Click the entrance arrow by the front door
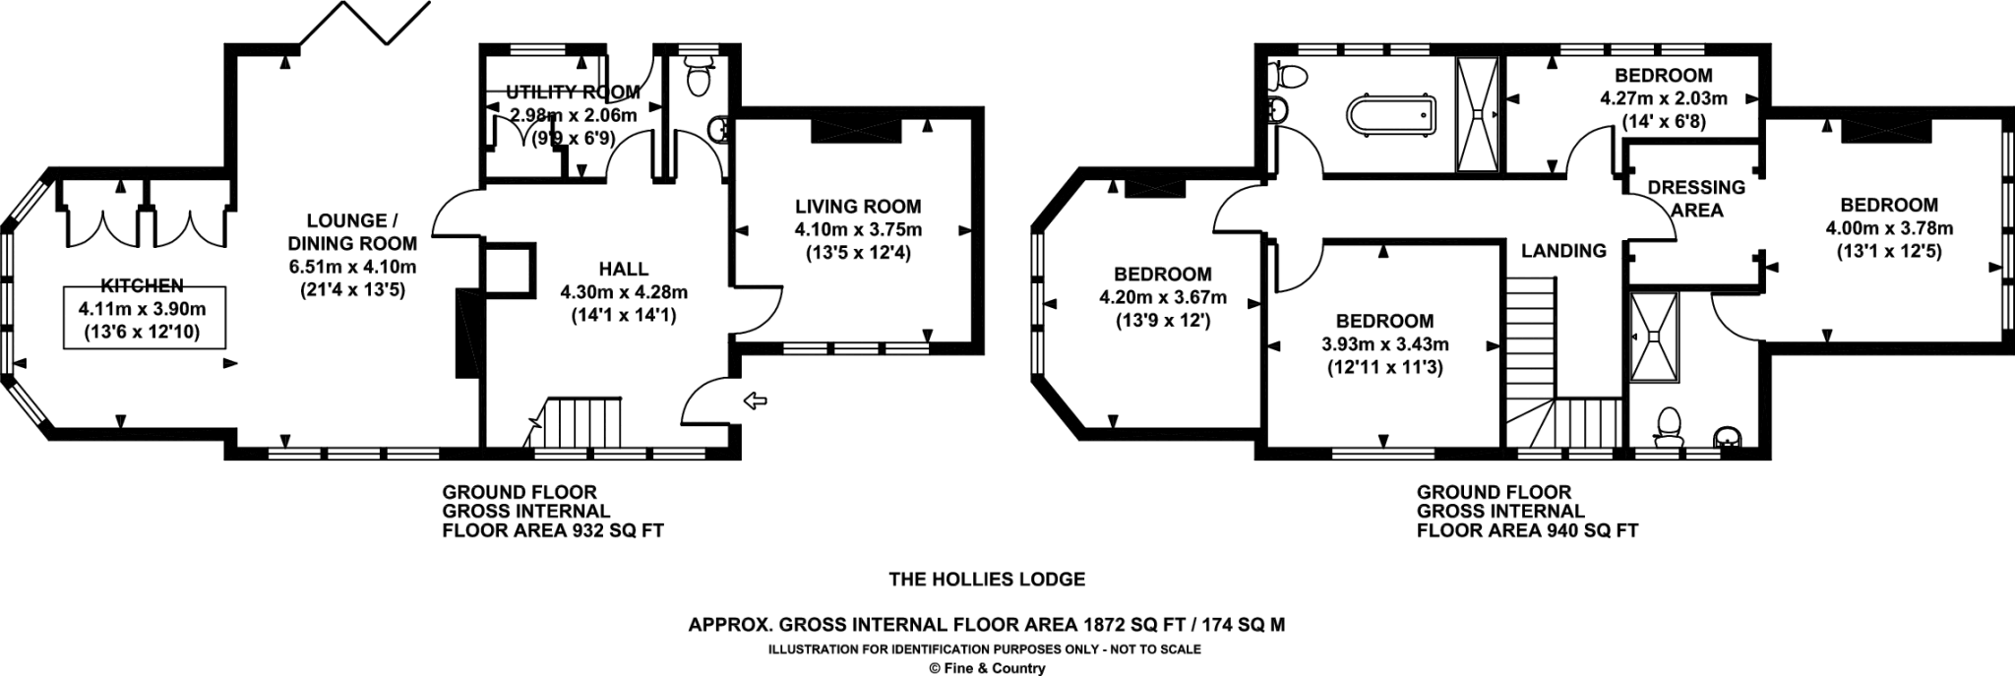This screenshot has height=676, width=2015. tap(755, 399)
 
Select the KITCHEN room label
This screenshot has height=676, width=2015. tap(144, 285)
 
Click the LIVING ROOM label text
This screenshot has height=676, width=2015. tap(858, 207)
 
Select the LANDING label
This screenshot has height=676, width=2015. tap(1563, 251)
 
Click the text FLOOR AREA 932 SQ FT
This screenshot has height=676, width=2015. tap(553, 531)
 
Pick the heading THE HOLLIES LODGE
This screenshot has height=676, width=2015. tap(987, 580)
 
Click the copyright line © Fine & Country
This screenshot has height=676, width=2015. tap(987, 668)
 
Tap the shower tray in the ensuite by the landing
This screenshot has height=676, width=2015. tap(1653, 337)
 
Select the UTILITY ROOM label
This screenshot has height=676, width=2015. tap(573, 92)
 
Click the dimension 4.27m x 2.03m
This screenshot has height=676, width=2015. tap(1664, 98)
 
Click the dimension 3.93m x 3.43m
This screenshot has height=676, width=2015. tap(1384, 344)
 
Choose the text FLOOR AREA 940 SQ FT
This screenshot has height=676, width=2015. tap(1527, 531)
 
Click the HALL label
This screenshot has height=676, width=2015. tap(624, 269)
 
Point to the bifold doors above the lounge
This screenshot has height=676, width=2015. tap(365, 24)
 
